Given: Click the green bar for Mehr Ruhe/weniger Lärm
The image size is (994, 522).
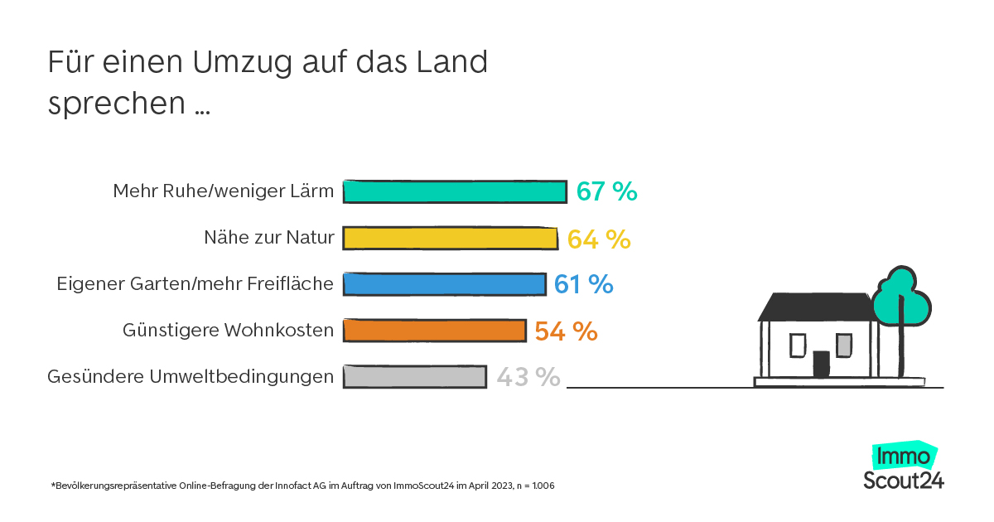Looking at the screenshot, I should click(454, 191).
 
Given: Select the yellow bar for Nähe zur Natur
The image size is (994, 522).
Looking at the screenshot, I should click(450, 239).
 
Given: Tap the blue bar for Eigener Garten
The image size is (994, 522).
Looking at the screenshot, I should click(444, 284).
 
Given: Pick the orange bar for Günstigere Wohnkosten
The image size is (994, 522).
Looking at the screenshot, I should click(434, 331).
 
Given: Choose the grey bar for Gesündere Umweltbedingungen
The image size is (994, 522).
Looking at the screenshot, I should click(414, 377).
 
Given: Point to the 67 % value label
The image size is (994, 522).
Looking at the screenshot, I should click(607, 191).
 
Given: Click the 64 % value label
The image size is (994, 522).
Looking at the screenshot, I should click(599, 239).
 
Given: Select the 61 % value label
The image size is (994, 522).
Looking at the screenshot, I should click(583, 284).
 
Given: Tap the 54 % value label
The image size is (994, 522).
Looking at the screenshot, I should click(566, 331).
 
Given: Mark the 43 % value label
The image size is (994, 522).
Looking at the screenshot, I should click(528, 377).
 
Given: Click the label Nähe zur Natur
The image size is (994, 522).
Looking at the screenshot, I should click(269, 239).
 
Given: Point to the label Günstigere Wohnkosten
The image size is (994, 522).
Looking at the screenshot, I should click(229, 331).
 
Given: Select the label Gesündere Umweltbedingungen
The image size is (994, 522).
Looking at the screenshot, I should click(191, 377).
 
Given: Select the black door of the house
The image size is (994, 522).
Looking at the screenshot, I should click(821, 363).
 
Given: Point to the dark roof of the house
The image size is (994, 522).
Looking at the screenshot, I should click(818, 307).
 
